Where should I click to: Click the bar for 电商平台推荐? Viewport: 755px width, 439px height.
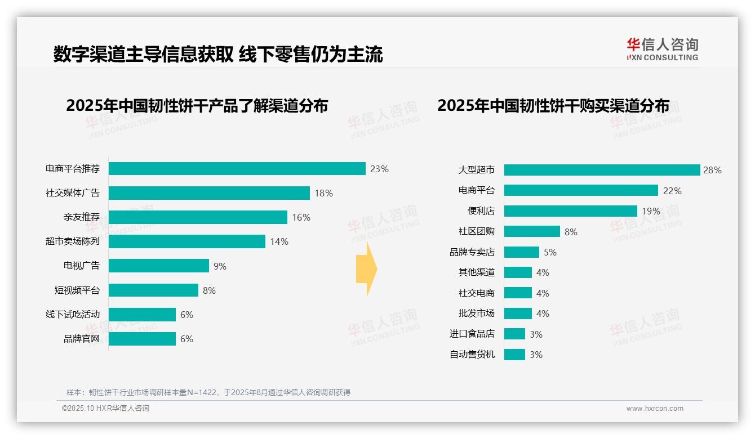pyautogui.click(x=237, y=169)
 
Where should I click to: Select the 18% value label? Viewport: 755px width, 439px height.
pyautogui.click(x=323, y=193)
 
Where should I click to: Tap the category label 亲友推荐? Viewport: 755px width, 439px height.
pyautogui.click(x=81, y=217)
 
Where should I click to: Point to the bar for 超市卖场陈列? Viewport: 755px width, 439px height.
pyautogui.click(x=186, y=241)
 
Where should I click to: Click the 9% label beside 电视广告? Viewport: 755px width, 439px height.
pyautogui.click(x=220, y=266)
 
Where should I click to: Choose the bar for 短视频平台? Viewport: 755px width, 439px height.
pyautogui.click(x=153, y=290)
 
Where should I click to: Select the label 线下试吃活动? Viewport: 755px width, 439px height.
pyautogui.click(x=72, y=314)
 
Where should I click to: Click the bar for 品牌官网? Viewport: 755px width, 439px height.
pyautogui.click(x=142, y=339)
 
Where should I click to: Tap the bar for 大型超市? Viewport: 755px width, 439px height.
pyautogui.click(x=602, y=170)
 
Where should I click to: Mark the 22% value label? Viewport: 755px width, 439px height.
pyautogui.click(x=672, y=191)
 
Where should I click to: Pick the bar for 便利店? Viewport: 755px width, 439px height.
pyautogui.click(x=570, y=211)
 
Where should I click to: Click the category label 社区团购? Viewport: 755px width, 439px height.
pyautogui.click(x=476, y=231)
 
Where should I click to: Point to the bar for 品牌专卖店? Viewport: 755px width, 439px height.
pyautogui.click(x=521, y=252)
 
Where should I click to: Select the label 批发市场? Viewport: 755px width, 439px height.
pyautogui.click(x=476, y=313)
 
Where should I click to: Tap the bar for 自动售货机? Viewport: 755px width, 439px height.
pyautogui.click(x=514, y=355)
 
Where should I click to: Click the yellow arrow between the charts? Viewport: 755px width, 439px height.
pyautogui.click(x=366, y=269)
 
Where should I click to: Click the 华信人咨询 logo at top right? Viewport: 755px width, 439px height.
pyautogui.click(x=662, y=50)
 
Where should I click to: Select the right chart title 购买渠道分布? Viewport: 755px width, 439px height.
pyautogui.click(x=553, y=106)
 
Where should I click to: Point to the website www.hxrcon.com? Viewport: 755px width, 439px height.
pyautogui.click(x=654, y=409)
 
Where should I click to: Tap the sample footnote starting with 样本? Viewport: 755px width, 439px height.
pyautogui.click(x=208, y=392)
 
